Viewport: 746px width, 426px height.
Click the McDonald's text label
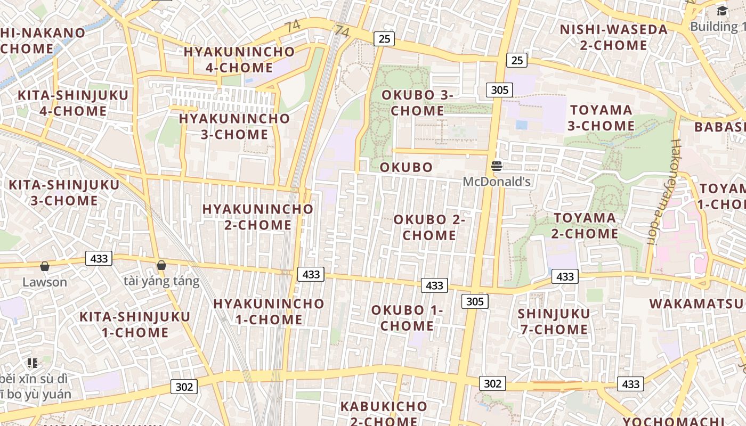tap(497, 182)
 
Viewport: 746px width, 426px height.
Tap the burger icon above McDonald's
tap(497, 166)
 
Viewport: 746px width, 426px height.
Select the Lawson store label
tap(45, 282)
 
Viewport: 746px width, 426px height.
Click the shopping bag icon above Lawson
tap(45, 266)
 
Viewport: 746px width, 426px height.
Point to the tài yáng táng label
tap(161, 281)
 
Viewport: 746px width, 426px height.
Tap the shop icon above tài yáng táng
tap(161, 265)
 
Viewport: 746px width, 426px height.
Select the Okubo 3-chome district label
tap(417, 103)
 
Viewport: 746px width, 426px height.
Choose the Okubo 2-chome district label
tap(429, 227)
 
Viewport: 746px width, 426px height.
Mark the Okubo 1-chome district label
tap(407, 317)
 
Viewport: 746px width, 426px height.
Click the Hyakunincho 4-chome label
tap(239, 60)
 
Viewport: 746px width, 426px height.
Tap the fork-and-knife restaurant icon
tap(33, 363)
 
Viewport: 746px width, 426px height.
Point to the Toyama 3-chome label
tap(601, 118)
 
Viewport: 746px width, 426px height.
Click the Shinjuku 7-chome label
tap(554, 321)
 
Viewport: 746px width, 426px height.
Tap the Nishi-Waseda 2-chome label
tap(613, 37)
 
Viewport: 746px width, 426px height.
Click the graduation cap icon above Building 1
tap(722, 11)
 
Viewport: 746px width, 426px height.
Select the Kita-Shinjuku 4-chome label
tap(73, 103)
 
